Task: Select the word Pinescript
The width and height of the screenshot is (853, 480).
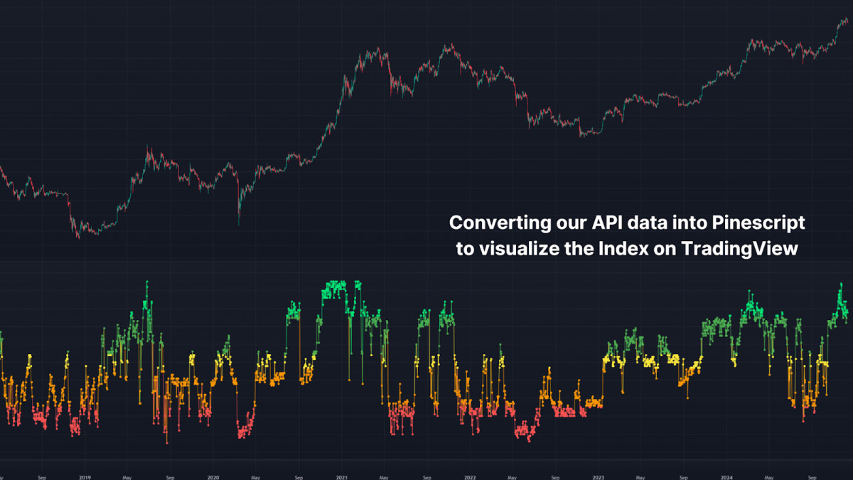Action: (758, 223)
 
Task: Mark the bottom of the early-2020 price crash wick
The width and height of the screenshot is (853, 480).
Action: (238, 225)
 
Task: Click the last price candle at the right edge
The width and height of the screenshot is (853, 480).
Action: (846, 21)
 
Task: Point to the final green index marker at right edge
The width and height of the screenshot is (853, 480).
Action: (847, 314)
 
